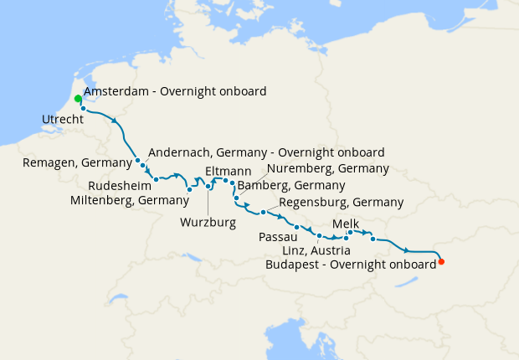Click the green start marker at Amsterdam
pos(78,99)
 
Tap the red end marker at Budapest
pos(441,262)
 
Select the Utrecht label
pos(63,121)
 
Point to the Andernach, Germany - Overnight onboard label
pos(265,152)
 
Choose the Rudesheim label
pos(119,185)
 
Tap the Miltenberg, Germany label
pos(130,200)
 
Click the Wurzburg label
pos(208,223)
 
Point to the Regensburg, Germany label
pos(340,203)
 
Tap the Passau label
pos(279,238)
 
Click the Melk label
pos(347,224)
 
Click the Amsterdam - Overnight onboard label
pos(175,91)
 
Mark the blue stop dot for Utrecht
pos(83,108)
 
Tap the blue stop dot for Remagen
pos(137,160)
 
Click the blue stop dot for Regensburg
pos(263,212)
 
